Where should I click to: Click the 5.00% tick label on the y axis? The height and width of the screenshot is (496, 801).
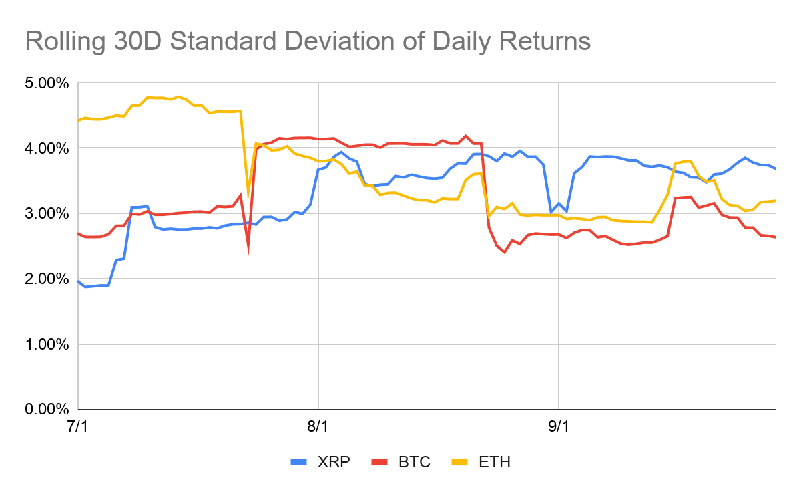pos(47,84)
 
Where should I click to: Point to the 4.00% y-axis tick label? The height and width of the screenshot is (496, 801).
pos(47,148)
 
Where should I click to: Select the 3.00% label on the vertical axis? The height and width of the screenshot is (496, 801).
pos(47,214)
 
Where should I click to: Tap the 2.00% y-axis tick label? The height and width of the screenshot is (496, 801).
pos(47,279)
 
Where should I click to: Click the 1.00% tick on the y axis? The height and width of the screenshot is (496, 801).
pos(47,344)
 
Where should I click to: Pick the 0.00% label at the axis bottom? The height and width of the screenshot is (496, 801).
pos(47,409)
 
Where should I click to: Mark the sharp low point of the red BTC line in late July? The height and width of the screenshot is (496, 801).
pos(248,250)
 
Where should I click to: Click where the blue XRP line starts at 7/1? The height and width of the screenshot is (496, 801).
pos(79,281)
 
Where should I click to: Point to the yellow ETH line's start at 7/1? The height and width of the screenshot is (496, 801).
pos(79,120)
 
